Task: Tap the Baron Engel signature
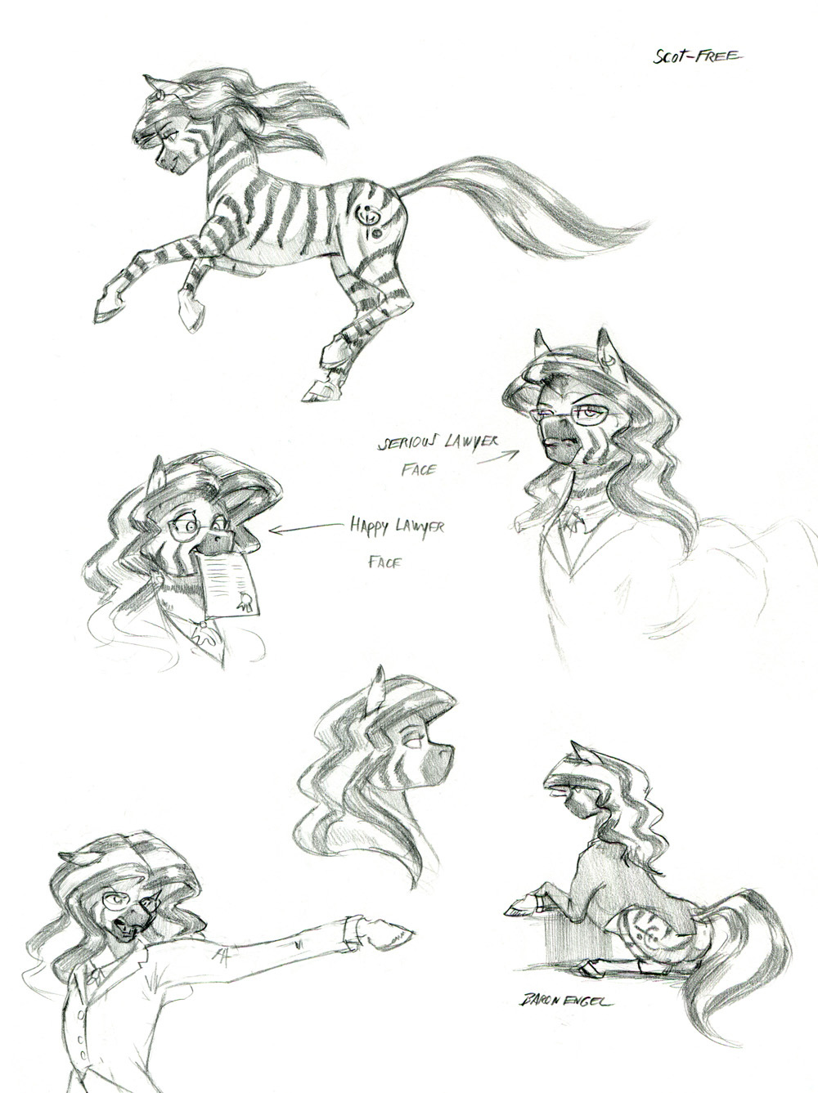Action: (x=564, y=973)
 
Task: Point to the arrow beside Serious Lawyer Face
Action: (x=497, y=458)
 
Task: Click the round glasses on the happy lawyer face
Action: (x=195, y=531)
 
